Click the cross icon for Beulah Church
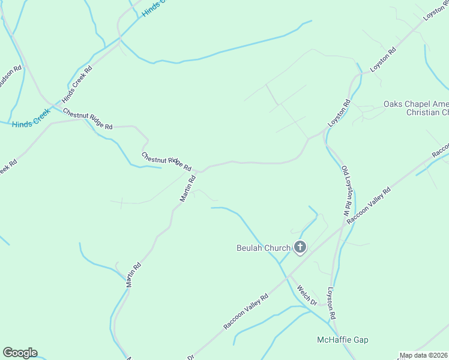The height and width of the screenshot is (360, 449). click(300, 247)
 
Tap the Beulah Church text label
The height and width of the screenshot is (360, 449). click(263, 247)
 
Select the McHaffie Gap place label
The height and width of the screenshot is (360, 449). click(343, 340)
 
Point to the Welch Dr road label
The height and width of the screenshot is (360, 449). click(306, 295)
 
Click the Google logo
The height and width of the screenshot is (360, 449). click(20, 353)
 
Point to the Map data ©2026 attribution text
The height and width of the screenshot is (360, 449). click(423, 355)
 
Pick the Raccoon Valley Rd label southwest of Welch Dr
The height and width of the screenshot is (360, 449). click(246, 311)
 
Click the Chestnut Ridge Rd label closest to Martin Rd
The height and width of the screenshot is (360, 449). click(166, 161)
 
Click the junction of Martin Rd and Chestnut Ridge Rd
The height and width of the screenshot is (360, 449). click(200, 171)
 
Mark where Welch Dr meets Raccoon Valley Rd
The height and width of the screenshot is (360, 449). click(288, 277)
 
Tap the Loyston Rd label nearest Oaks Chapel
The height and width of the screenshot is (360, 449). click(339, 113)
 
